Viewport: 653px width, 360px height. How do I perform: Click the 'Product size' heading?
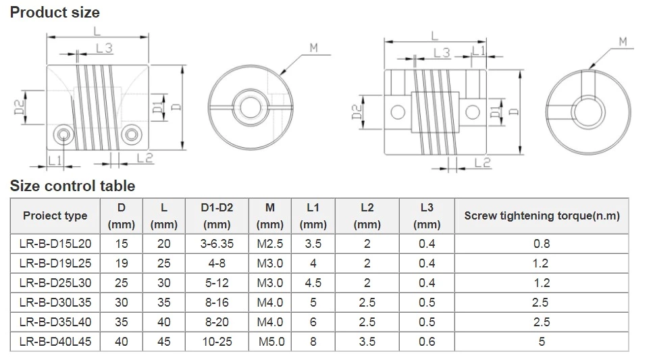click(55, 12)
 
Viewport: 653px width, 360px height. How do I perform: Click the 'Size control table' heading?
click(72, 186)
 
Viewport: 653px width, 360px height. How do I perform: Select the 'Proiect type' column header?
click(55, 216)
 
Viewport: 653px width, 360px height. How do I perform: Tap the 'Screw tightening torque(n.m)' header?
click(542, 216)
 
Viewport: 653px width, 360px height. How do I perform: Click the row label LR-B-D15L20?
click(55, 244)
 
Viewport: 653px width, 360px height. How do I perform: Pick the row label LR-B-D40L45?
click(55, 342)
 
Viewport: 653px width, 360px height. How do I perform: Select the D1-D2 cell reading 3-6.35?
click(216, 244)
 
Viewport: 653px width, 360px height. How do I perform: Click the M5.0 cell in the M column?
click(271, 342)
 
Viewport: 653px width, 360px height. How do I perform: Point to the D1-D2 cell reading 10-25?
click(216, 342)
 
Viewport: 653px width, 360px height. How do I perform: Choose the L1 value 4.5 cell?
click(313, 283)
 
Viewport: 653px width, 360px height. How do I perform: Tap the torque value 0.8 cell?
click(542, 244)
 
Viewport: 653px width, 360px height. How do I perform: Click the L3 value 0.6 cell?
click(427, 342)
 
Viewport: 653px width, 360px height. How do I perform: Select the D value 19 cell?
click(122, 263)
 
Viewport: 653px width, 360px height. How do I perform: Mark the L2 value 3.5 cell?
click(367, 342)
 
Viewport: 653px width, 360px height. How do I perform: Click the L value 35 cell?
click(164, 303)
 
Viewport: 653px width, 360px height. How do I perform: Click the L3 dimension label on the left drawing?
click(104, 48)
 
